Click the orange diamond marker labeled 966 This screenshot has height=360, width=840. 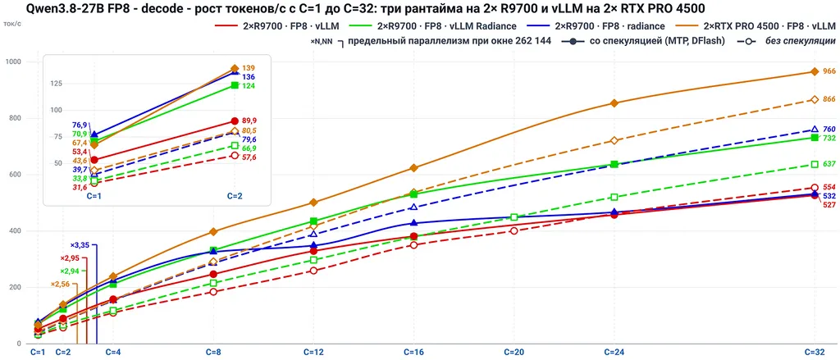click(815, 72)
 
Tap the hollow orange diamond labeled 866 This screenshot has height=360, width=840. click(815, 100)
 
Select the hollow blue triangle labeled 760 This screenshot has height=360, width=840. click(815, 130)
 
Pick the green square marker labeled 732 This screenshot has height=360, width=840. click(815, 138)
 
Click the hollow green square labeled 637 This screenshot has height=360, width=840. click(815, 165)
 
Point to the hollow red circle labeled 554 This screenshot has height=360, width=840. click(815, 188)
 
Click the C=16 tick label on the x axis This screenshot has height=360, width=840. click(413, 353)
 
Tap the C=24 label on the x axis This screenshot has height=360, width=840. click(614, 353)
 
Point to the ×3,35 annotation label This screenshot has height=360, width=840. click(81, 245)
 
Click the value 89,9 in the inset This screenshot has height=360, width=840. click(249, 121)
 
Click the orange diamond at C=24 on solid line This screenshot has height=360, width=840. click(614, 103)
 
